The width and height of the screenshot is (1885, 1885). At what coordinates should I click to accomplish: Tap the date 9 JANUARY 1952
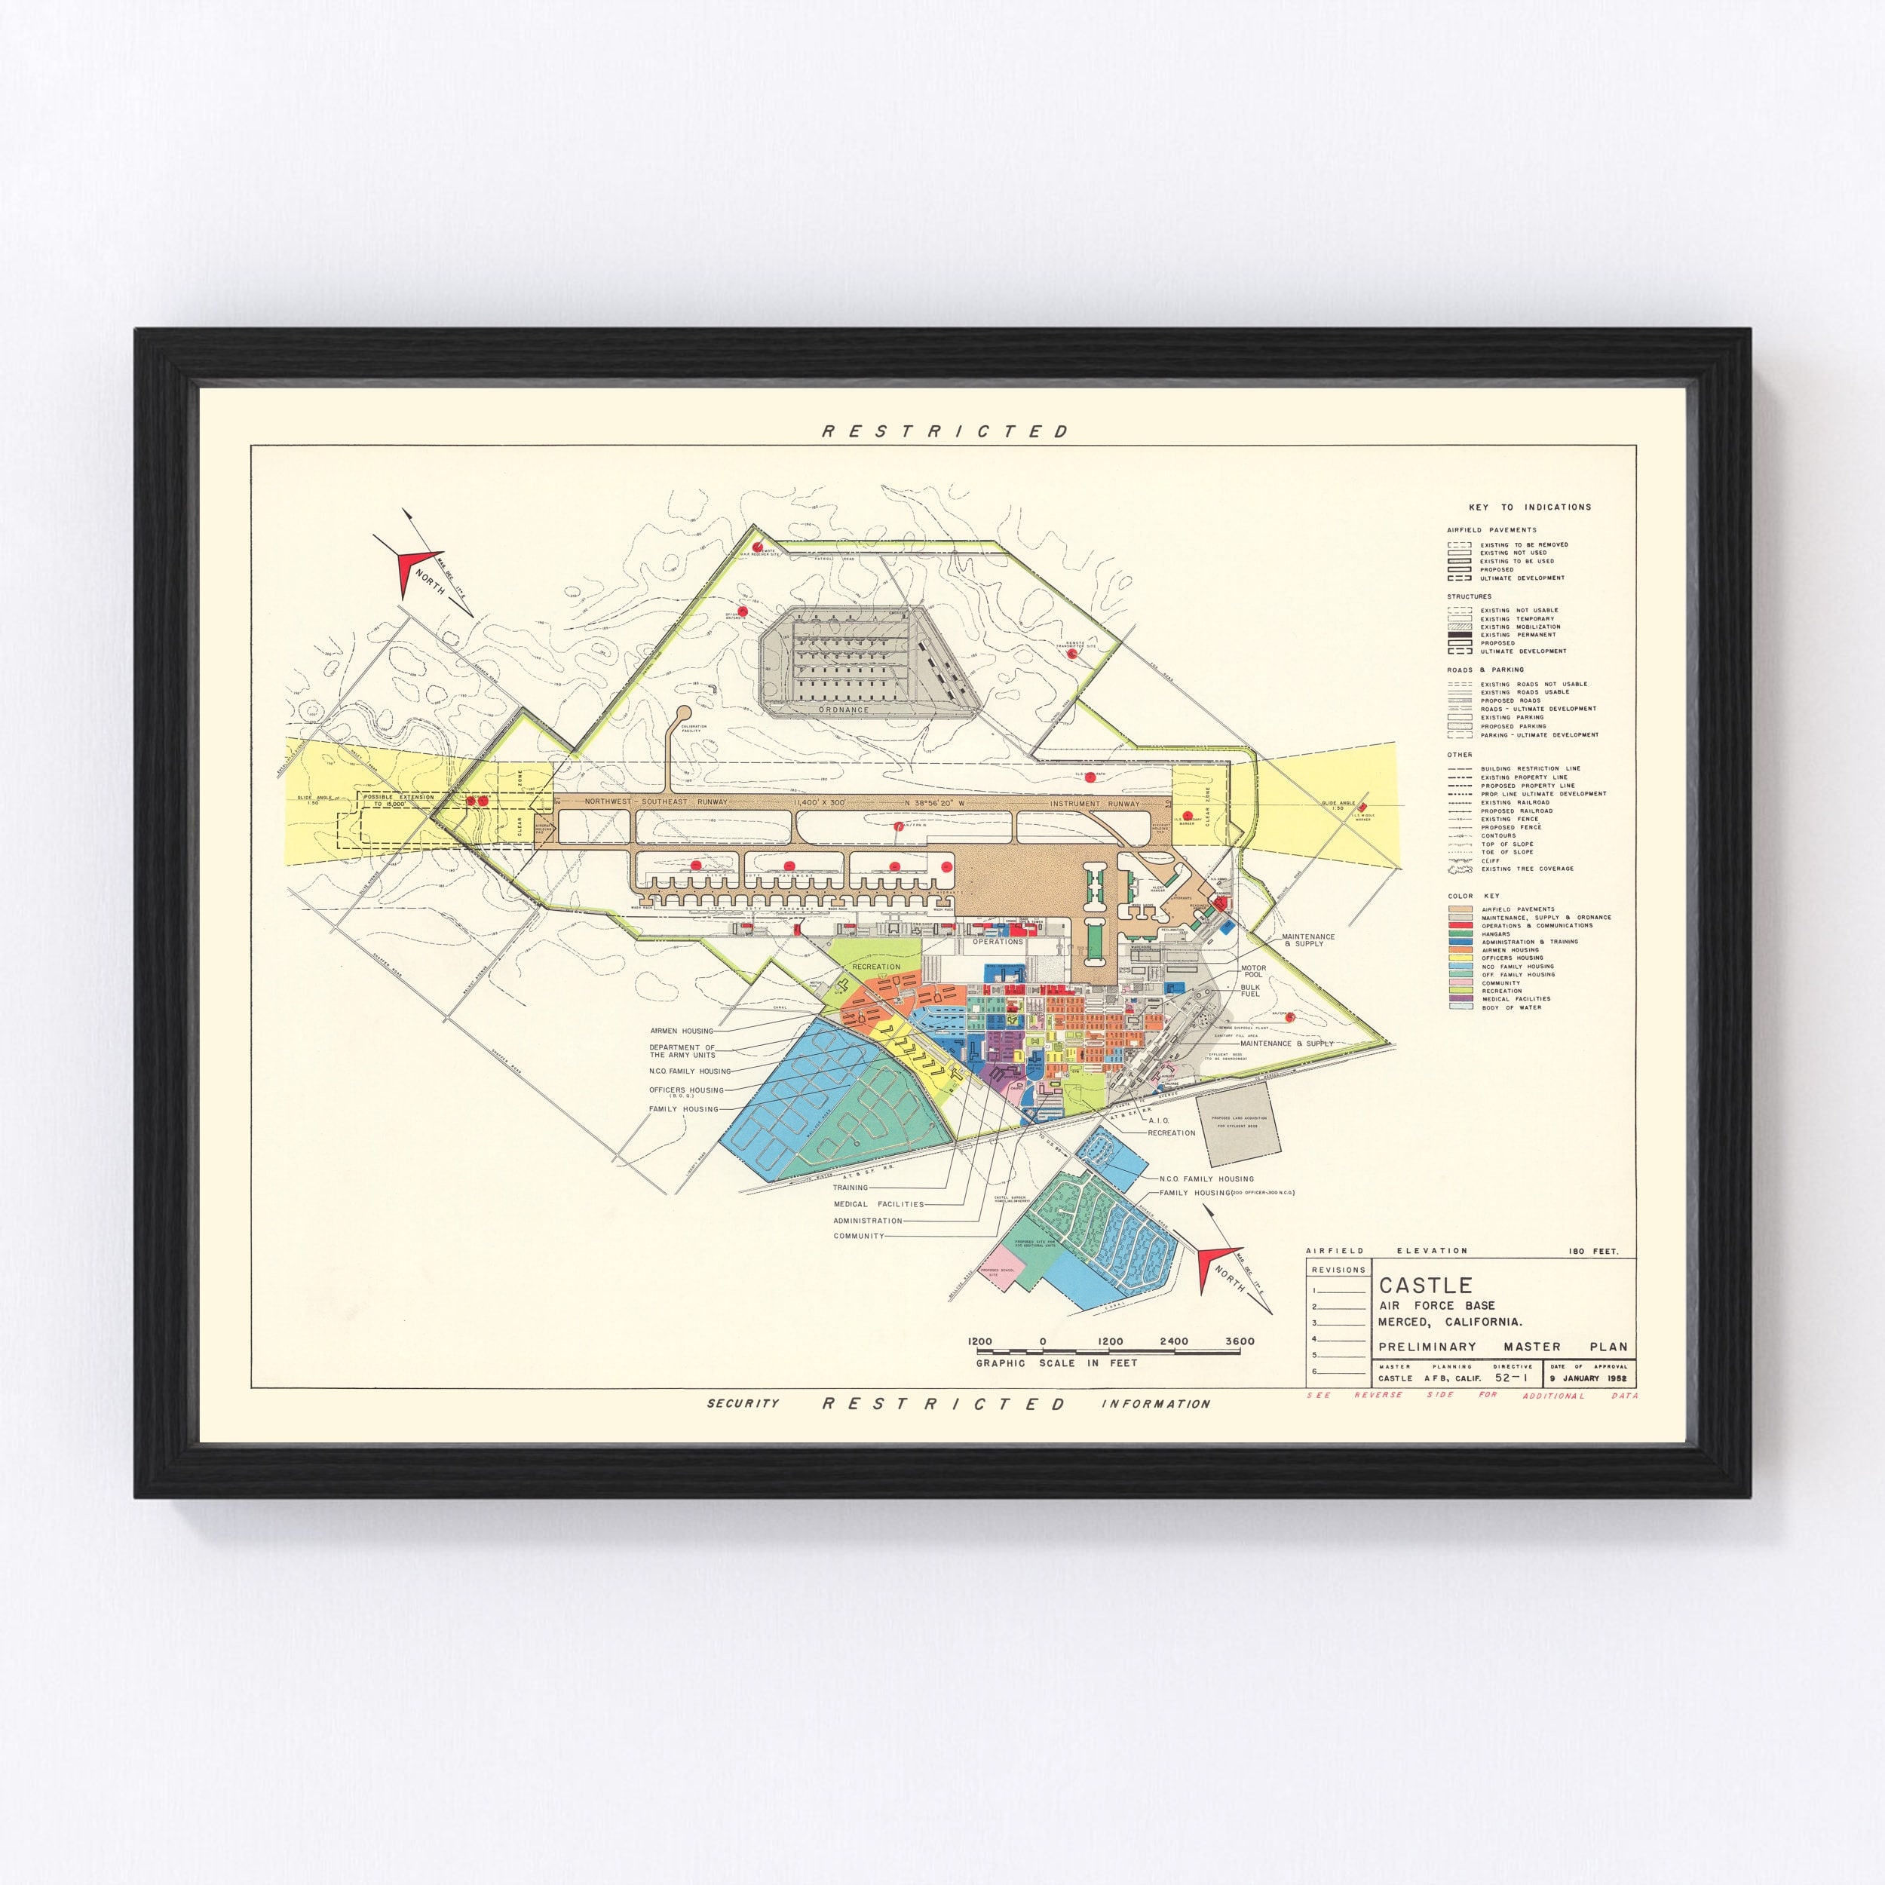(1587, 1378)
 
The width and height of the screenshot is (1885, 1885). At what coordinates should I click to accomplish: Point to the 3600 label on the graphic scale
(1240, 1341)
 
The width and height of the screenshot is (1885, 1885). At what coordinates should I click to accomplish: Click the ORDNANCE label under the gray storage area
(843, 710)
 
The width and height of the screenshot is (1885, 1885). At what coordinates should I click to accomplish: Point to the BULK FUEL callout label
(1250, 990)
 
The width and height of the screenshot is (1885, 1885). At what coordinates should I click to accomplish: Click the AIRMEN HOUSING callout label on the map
(681, 1030)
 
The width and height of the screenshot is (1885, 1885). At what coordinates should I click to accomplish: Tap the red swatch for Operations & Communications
(1460, 925)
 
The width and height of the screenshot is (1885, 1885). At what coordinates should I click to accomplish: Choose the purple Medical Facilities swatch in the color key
(1460, 998)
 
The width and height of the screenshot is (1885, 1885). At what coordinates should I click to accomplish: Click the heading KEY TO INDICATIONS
(1530, 507)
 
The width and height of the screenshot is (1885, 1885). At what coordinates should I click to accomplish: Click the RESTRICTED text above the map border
(946, 431)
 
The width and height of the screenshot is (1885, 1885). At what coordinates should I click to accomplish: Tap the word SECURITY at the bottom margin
(743, 1403)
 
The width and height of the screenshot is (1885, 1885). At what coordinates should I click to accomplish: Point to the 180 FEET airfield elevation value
(1592, 1251)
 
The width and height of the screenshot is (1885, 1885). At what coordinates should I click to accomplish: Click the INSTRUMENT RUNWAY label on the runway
(1094, 803)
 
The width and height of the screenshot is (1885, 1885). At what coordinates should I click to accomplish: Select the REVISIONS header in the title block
(1338, 1269)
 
